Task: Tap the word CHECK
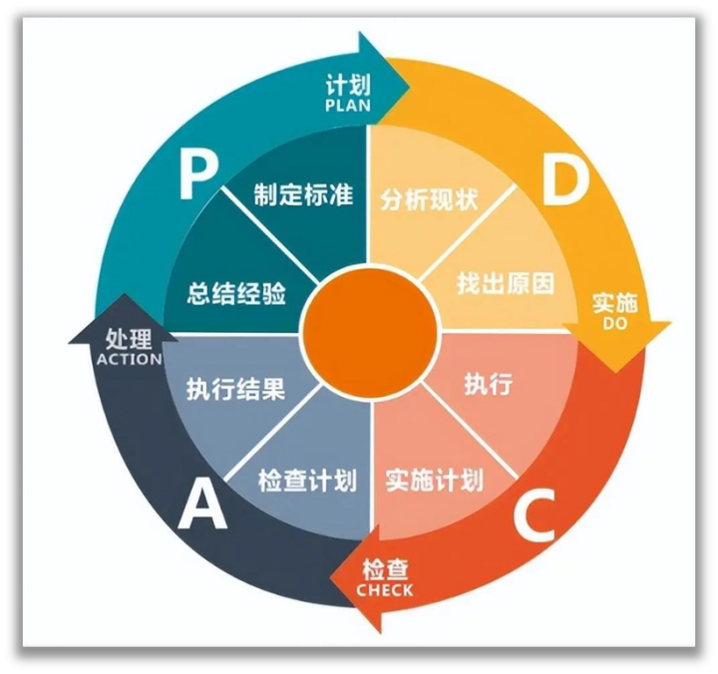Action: click(384, 590)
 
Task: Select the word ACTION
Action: click(130, 359)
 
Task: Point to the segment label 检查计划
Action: click(307, 480)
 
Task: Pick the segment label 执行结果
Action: click(236, 388)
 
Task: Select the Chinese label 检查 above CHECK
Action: click(385, 569)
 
